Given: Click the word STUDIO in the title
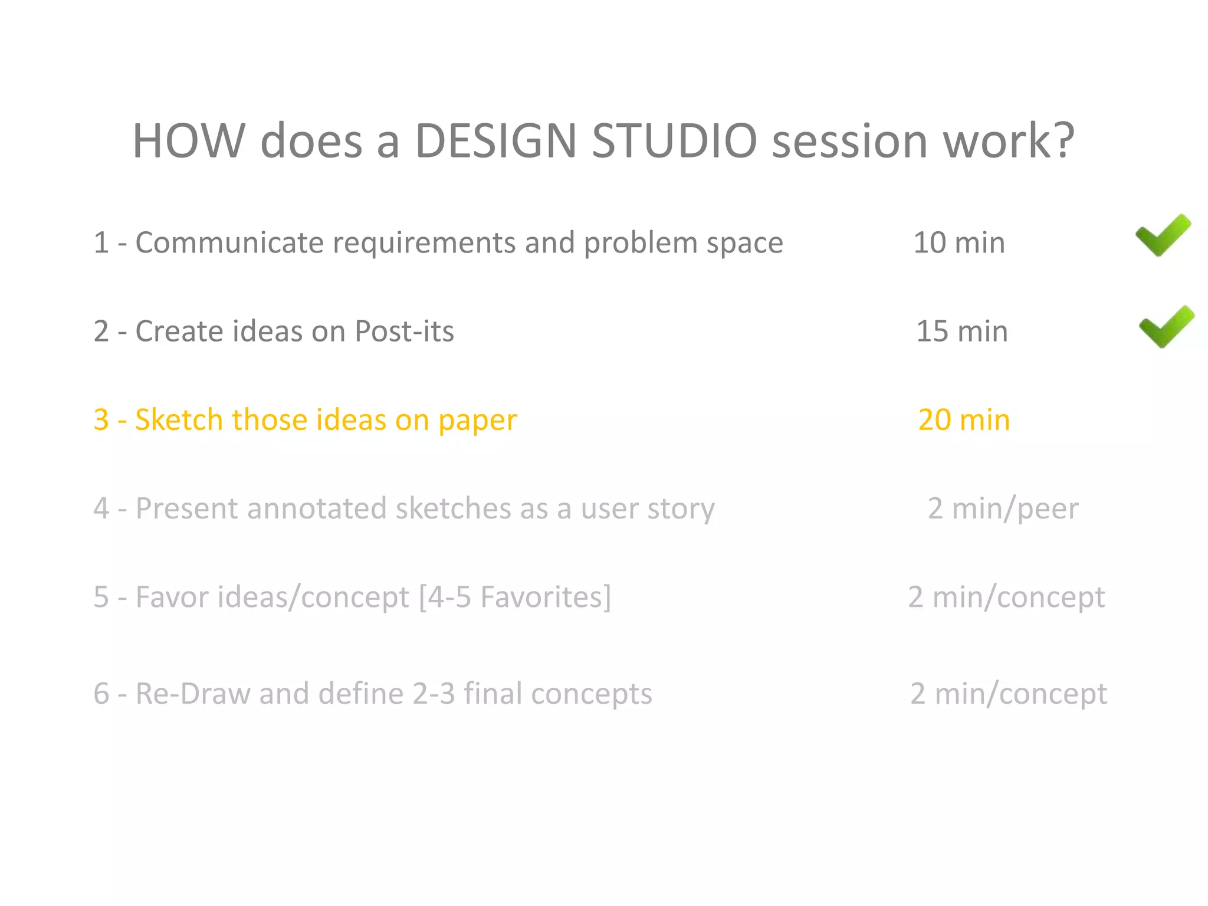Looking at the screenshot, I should pyautogui.click(x=674, y=141).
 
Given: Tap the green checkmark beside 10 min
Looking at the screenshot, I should pyautogui.click(x=1163, y=235).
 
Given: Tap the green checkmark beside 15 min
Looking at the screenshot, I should pyautogui.click(x=1166, y=327).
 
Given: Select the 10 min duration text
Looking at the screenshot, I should pyautogui.click(x=959, y=242).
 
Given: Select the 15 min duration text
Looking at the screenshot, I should pyautogui.click(x=961, y=331).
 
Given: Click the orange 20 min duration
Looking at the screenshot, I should pyautogui.click(x=964, y=420).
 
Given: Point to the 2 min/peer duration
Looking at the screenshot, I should pyautogui.click(x=1003, y=508).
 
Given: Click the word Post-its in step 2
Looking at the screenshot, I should pyautogui.click(x=404, y=331).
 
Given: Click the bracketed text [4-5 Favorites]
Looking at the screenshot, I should pyautogui.click(x=515, y=597).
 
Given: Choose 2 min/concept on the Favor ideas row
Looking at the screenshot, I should pyautogui.click(x=1006, y=597).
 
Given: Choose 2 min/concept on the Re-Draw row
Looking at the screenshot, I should pyautogui.click(x=1008, y=694).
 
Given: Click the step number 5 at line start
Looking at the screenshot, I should pyautogui.click(x=101, y=597).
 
